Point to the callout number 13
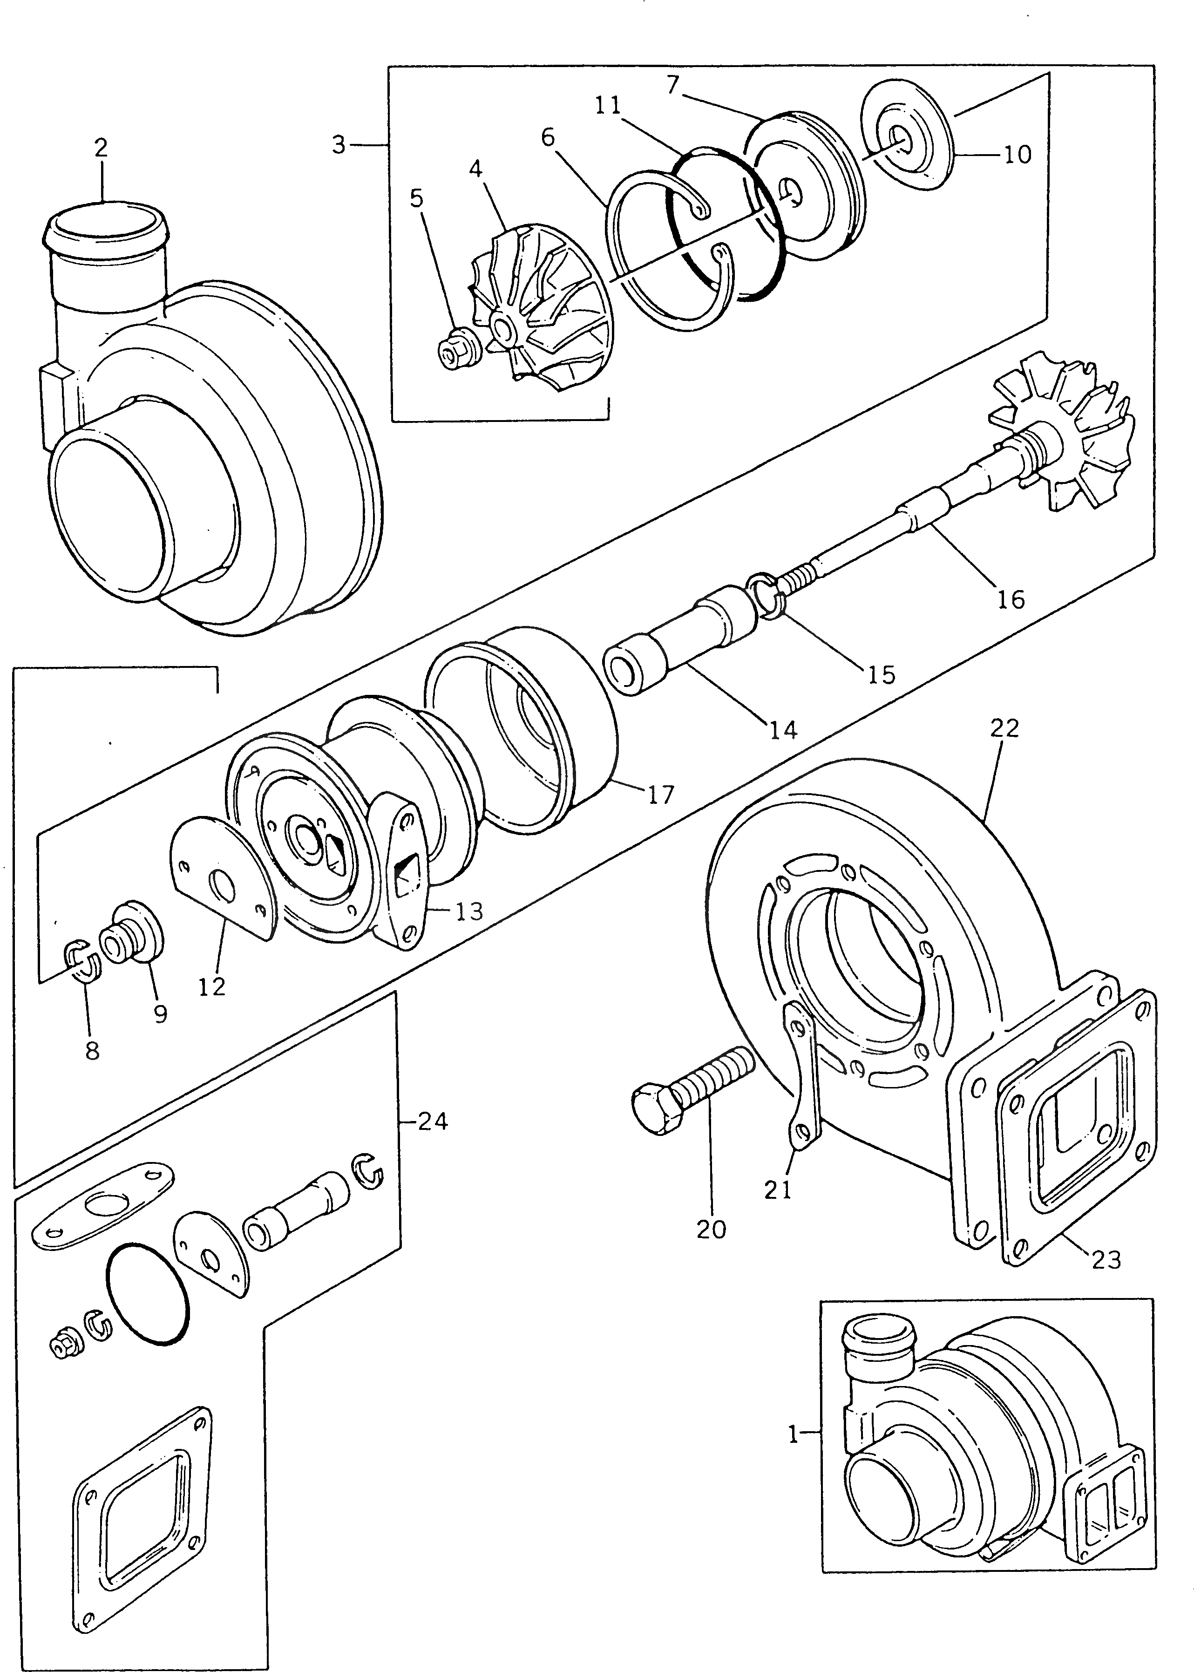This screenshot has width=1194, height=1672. pyautogui.click(x=468, y=912)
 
